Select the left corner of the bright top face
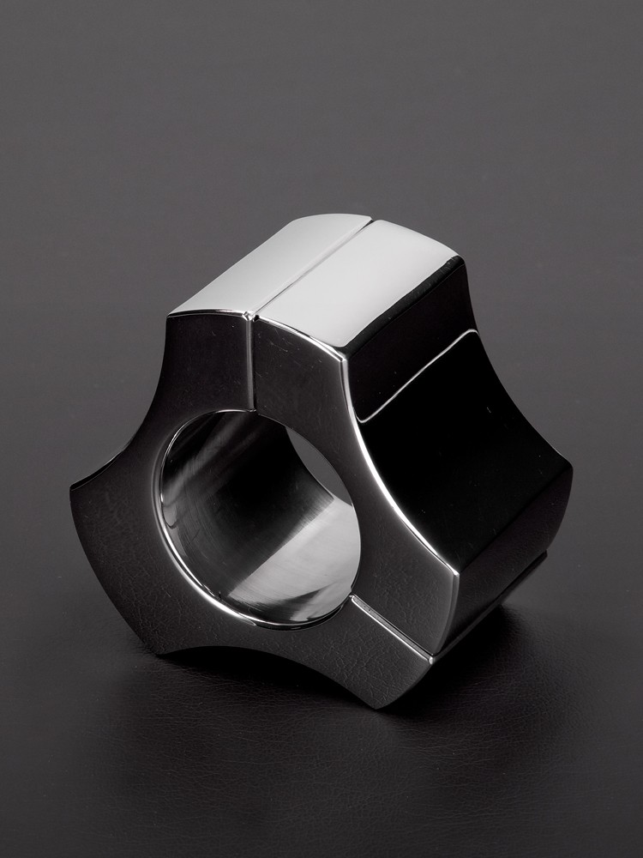[171, 312]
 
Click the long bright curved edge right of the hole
[377, 480]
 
